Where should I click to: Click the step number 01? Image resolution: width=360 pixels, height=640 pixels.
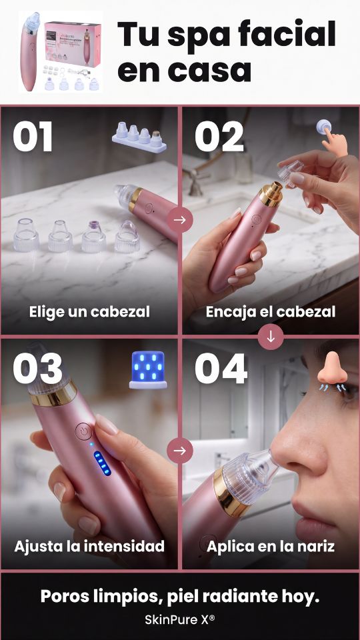click(x=33, y=136)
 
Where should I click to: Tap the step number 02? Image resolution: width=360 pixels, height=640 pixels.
click(x=219, y=136)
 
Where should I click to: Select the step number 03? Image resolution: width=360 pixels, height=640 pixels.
click(x=37, y=369)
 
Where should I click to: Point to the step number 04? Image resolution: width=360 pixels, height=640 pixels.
click(x=221, y=369)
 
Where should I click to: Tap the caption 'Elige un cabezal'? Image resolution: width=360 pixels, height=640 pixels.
click(x=89, y=312)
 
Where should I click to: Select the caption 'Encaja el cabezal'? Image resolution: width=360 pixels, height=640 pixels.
click(x=270, y=312)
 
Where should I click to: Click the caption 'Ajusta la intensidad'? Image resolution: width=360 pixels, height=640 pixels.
click(x=89, y=546)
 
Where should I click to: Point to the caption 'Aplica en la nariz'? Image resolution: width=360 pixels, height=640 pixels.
click(x=270, y=546)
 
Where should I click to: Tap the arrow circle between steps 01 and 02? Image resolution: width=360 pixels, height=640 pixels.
click(x=179, y=220)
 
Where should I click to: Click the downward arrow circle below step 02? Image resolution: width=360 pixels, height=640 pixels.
click(x=271, y=337)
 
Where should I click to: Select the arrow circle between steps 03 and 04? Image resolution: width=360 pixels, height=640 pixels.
click(x=179, y=451)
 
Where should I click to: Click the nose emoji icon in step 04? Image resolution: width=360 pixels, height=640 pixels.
click(x=333, y=371)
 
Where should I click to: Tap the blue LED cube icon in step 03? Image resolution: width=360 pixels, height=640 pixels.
click(x=148, y=370)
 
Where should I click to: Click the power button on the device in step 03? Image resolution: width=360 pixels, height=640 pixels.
click(x=84, y=431)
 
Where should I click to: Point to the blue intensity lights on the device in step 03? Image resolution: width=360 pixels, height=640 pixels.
click(x=102, y=463)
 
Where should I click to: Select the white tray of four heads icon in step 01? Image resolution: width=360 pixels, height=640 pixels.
click(x=139, y=137)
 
